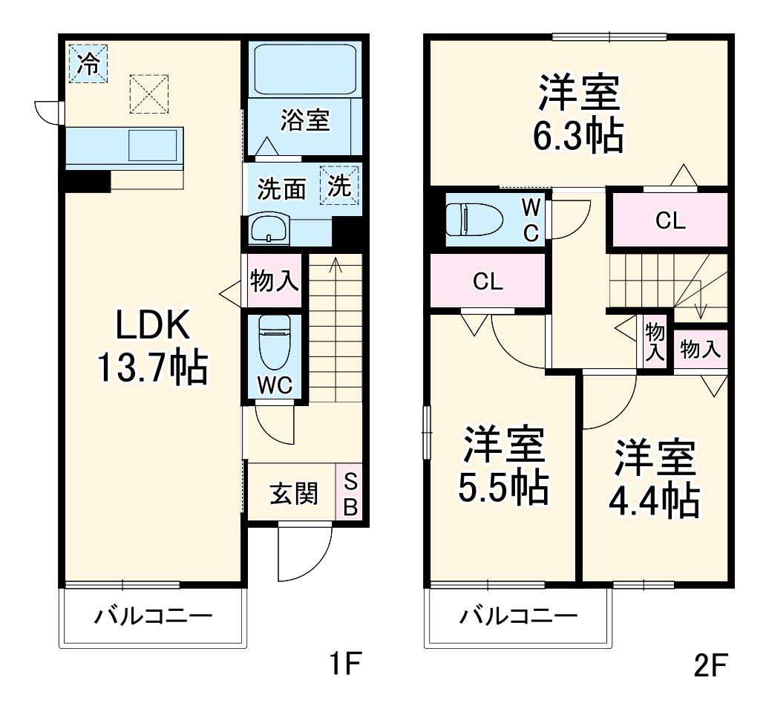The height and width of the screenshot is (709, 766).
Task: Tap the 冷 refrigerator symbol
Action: [x=88, y=64]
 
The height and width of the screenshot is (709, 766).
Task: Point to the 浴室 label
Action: [x=305, y=121]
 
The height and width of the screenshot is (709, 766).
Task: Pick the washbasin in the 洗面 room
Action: [x=269, y=229]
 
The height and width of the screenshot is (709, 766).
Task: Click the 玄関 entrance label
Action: [x=294, y=494]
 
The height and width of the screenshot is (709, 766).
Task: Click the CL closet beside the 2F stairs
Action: [x=670, y=220]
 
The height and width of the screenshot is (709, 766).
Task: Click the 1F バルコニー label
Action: [x=153, y=617]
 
